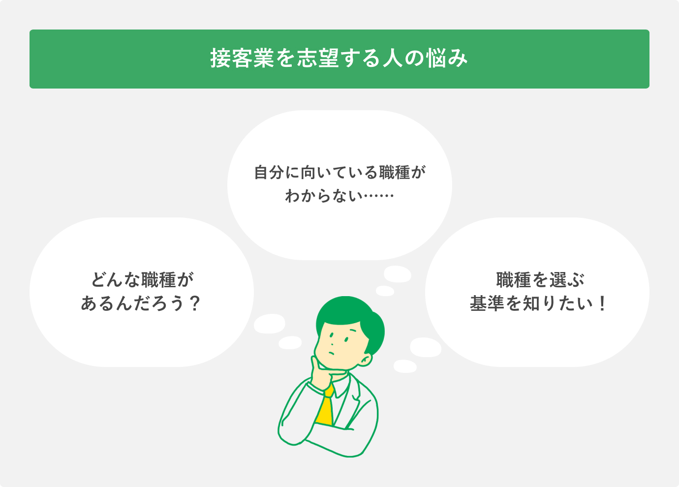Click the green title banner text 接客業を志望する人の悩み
click(339, 59)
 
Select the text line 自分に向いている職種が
click(339, 173)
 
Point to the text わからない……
click(339, 196)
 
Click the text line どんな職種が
click(142, 280)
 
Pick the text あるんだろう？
click(141, 304)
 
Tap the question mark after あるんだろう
click(195, 304)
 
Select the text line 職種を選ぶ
click(540, 280)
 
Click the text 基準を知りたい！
click(538, 304)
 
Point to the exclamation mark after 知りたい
click(602, 304)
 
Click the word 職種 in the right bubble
click(513, 280)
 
